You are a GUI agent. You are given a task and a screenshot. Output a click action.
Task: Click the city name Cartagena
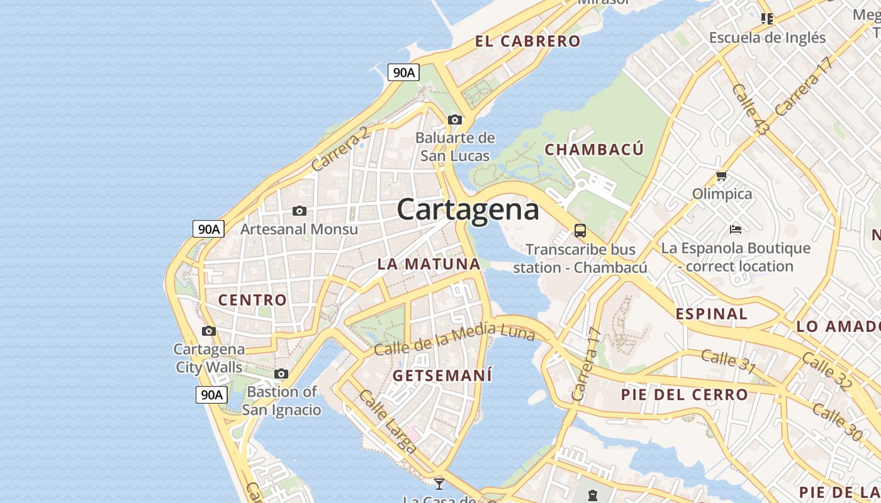pyautogui.click(x=468, y=209)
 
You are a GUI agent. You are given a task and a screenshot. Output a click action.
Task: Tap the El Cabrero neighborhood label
pyautogui.click(x=527, y=41)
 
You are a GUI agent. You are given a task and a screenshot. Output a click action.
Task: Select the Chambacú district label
pyautogui.click(x=594, y=150)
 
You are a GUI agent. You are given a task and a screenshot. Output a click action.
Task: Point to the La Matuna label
pyautogui.click(x=429, y=264)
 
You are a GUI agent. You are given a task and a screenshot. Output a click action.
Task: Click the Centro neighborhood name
pyautogui.click(x=252, y=300)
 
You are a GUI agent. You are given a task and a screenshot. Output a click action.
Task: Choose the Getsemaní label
pyautogui.click(x=442, y=375)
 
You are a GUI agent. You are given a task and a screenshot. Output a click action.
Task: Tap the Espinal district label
pyautogui.click(x=711, y=314)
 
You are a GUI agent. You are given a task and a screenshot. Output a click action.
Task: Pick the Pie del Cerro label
pyautogui.click(x=684, y=395)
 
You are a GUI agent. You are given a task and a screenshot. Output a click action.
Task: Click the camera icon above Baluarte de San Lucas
pyautogui.click(x=455, y=119)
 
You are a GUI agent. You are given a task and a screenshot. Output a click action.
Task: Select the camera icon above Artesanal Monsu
pyautogui.click(x=300, y=211)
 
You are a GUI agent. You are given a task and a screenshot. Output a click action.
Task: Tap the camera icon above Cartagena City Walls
pyautogui.click(x=209, y=331)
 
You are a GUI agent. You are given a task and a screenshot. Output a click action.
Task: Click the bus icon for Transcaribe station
pyautogui.click(x=580, y=231)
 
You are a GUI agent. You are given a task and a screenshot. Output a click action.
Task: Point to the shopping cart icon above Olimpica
pyautogui.click(x=721, y=176)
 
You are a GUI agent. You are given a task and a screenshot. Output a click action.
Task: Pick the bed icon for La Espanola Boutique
pyautogui.click(x=735, y=229)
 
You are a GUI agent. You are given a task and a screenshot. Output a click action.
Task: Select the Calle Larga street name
pyautogui.click(x=388, y=421)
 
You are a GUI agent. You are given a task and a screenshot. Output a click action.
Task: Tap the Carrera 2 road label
pyautogui.click(x=340, y=150)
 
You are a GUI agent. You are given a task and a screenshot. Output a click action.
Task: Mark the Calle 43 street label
pyautogui.click(x=751, y=109)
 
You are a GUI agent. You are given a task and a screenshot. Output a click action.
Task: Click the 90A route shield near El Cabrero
pyautogui.click(x=403, y=72)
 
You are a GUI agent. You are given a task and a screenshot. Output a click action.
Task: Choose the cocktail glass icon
pyautogui.click(x=439, y=484)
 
